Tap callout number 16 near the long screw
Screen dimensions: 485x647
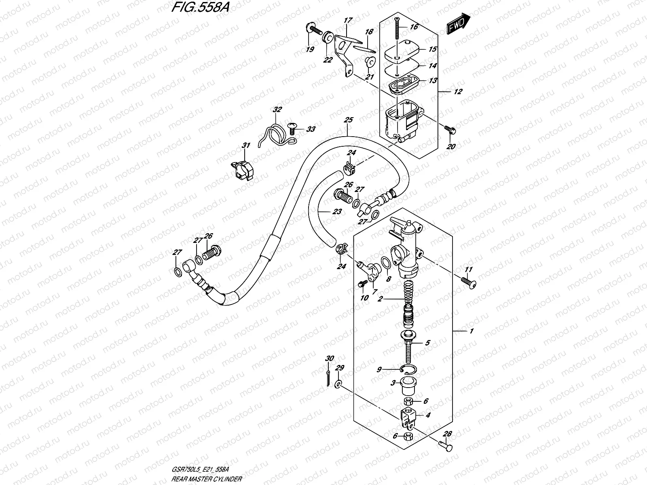[x=413, y=27]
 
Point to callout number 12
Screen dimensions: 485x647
[x=458, y=92]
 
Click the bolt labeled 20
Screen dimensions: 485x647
[x=448, y=130]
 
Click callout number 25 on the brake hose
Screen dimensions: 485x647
[x=348, y=120]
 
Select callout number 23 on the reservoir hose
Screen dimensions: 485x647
[x=336, y=211]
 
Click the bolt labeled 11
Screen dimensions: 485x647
[x=469, y=283]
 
